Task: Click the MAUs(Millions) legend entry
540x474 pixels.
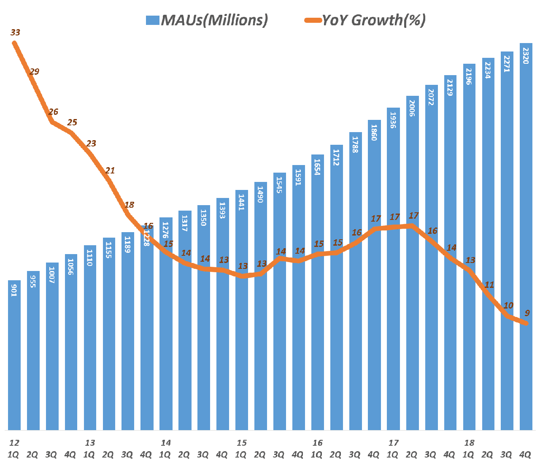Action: tap(207, 20)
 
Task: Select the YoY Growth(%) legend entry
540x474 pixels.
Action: tap(365, 20)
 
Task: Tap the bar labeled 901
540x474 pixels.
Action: tap(14, 355)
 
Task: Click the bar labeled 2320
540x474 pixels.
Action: tap(526, 236)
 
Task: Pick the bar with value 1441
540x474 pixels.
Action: tap(241, 310)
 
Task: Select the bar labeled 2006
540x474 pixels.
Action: tap(412, 262)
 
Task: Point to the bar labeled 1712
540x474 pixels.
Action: tap(336, 287)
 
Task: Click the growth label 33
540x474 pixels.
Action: tap(15, 33)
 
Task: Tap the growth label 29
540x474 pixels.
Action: tap(34, 71)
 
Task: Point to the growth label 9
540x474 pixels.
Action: tap(527, 313)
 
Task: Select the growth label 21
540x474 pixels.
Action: tap(110, 171)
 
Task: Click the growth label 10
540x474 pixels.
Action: tap(508, 306)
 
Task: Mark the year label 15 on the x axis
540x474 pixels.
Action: tap(241, 443)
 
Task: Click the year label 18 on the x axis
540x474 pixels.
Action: tap(469, 443)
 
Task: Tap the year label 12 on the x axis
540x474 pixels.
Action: tap(14, 443)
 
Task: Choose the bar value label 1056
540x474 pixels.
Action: tap(70, 266)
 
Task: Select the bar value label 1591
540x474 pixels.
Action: tap(298, 177)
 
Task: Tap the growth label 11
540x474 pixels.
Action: tap(489, 285)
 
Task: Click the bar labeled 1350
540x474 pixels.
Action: tap(203, 317)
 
